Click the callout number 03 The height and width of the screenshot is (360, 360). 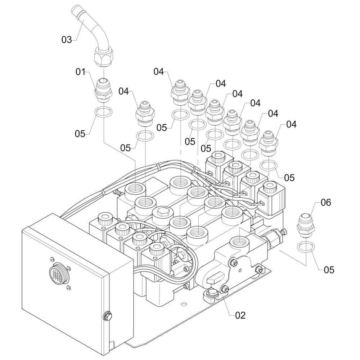point(67,40)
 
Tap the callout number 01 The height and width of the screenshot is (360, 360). point(80,72)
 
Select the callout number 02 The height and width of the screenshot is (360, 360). point(240,315)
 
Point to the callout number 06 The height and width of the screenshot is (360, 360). point(326,202)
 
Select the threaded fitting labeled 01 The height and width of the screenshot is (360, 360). point(103,90)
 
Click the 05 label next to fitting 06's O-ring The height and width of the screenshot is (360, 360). point(329,270)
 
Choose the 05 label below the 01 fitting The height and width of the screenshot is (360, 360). point(80,134)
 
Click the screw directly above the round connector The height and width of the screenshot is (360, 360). point(51,259)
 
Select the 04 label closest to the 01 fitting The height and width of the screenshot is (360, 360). point(124,91)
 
